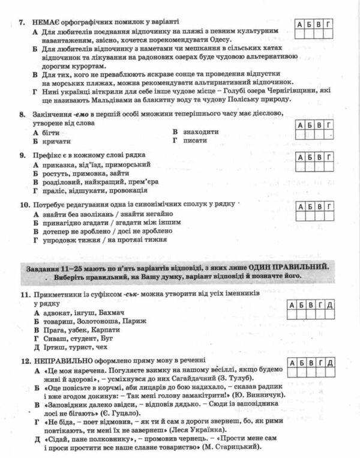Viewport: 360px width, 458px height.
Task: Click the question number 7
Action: click(21, 22)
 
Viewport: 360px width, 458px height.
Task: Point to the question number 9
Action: click(21, 155)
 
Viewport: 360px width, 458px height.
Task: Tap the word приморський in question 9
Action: click(129, 164)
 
